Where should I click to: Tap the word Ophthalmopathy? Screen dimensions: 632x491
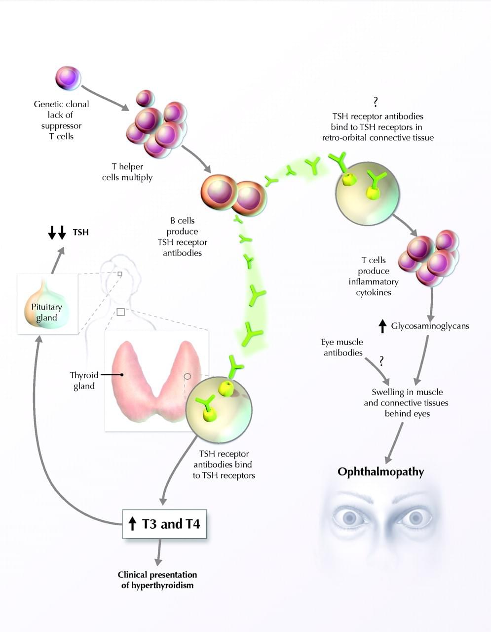point(380,472)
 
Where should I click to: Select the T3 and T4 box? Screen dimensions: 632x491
point(164,524)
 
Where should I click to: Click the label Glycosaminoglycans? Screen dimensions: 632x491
point(430,326)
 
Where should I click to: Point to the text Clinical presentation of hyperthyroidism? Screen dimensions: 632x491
point(157,580)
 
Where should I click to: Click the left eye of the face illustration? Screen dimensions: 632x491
point(349,517)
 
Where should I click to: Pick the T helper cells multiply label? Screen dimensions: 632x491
point(127,172)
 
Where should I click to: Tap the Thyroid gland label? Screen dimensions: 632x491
point(84,380)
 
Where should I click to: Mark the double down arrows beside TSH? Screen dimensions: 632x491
point(57,232)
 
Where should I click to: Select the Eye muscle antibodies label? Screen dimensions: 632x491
point(343,347)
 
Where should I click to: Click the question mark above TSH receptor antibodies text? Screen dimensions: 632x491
point(376,102)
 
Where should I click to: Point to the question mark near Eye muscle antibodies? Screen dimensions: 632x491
point(381,361)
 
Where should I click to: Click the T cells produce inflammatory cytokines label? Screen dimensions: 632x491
point(374,276)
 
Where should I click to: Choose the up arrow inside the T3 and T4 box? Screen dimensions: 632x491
point(132,524)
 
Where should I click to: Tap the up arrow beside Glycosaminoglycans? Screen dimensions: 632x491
point(382,326)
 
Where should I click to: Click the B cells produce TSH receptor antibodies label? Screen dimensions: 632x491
point(183,237)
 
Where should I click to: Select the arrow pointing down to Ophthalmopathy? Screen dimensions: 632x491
point(393,442)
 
